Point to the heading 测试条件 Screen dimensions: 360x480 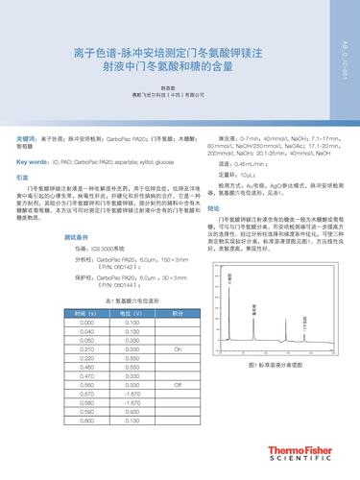coord(76,235)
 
